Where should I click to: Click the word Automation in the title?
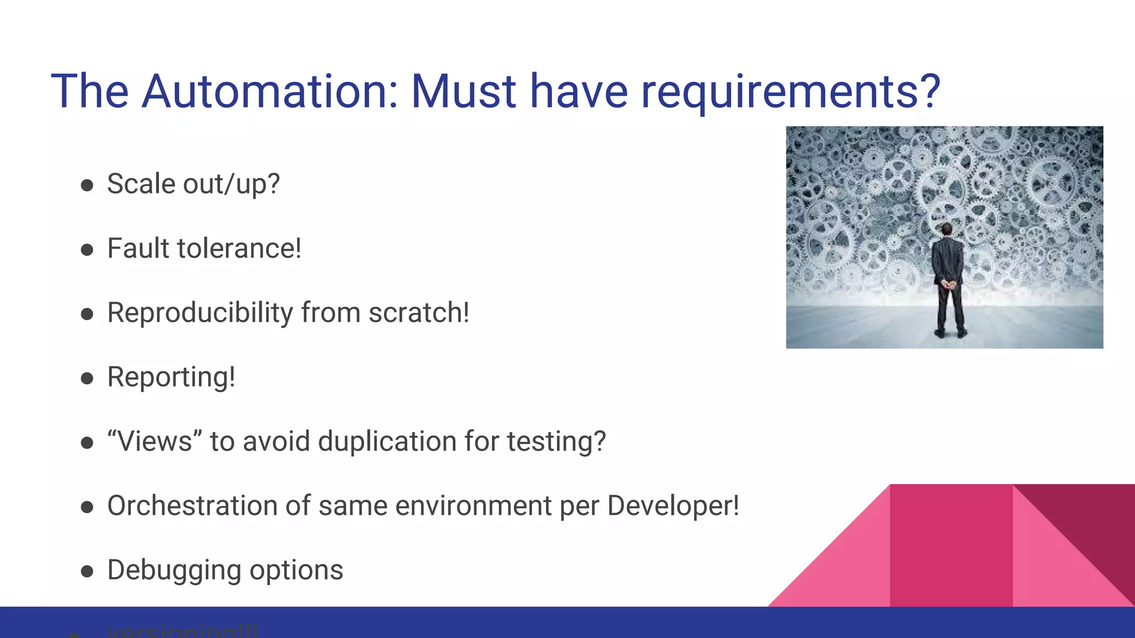pyautogui.click(x=270, y=91)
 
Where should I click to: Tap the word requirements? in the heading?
pyautogui.click(x=790, y=91)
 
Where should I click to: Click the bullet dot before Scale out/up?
pyautogui.click(x=87, y=186)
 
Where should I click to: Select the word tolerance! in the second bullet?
pyautogui.click(x=239, y=249)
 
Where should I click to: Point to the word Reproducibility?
pyautogui.click(x=200, y=313)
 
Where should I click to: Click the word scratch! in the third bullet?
pyautogui.click(x=419, y=313)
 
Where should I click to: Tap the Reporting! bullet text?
pyautogui.click(x=171, y=378)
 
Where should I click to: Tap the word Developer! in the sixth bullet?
pyautogui.click(x=673, y=506)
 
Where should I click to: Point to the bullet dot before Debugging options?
pyautogui.click(x=87, y=572)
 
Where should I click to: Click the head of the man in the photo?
pyautogui.click(x=947, y=229)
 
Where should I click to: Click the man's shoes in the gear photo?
pyautogui.click(x=950, y=333)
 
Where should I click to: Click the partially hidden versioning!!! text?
pyautogui.click(x=182, y=631)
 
